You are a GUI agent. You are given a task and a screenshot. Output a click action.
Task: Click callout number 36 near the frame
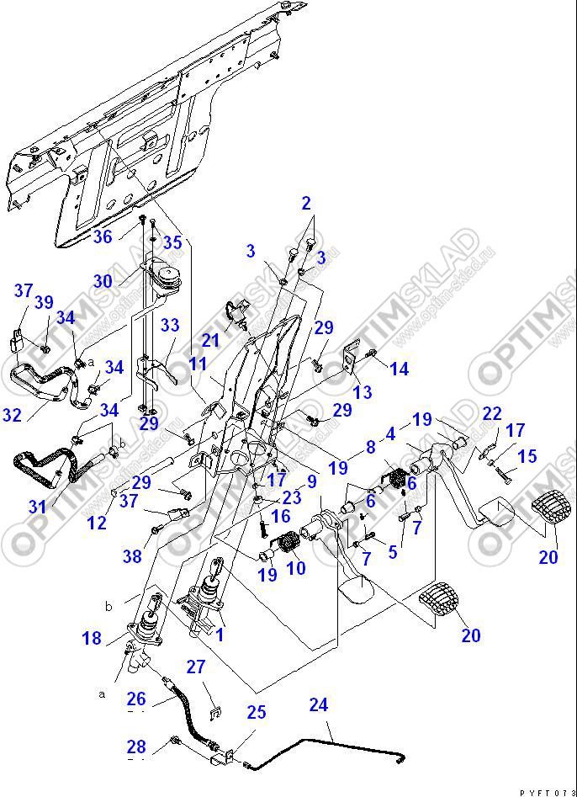[102, 238]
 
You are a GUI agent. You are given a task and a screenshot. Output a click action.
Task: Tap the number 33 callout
[170, 325]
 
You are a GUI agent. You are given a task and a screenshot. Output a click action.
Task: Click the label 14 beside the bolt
[399, 368]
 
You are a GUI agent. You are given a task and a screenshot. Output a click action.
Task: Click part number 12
[97, 523]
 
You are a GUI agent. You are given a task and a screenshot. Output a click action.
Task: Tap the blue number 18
[92, 639]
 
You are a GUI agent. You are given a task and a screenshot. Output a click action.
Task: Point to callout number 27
[195, 667]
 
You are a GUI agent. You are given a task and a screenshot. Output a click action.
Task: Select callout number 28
[135, 746]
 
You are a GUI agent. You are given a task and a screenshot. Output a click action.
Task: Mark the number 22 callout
[492, 413]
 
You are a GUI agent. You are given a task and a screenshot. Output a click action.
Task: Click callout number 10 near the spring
[296, 568]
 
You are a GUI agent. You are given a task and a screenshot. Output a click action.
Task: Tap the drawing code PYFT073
[547, 792]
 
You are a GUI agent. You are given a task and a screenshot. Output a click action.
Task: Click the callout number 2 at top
[306, 203]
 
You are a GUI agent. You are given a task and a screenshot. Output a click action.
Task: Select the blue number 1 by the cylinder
[220, 634]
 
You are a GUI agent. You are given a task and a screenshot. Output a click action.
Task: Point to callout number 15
[527, 456]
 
